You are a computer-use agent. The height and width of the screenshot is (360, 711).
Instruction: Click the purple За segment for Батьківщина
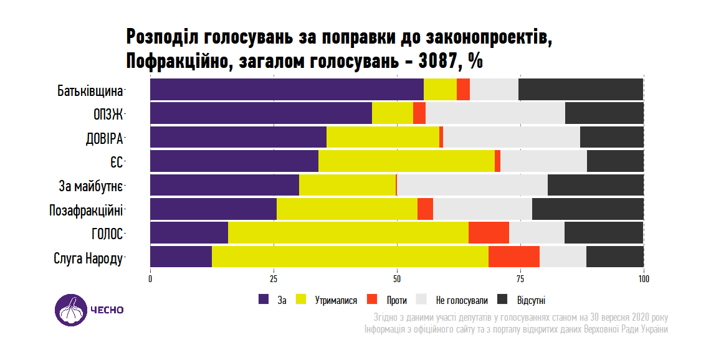point(287,90)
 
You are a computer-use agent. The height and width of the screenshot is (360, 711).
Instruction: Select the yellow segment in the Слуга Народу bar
point(350,257)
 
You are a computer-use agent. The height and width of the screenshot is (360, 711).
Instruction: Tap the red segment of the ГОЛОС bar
point(489,233)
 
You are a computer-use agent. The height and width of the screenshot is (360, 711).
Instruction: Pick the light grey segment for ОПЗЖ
point(495,113)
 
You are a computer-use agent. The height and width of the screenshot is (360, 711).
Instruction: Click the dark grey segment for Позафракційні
point(588,209)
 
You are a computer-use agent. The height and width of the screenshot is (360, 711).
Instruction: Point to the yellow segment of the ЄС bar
point(406,161)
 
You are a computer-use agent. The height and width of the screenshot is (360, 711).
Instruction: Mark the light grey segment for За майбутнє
point(472,186)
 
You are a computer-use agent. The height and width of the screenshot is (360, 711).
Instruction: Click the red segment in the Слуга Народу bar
point(514,257)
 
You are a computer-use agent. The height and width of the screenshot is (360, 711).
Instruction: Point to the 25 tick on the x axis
point(274,278)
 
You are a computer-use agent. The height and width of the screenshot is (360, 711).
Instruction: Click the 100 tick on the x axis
point(644,278)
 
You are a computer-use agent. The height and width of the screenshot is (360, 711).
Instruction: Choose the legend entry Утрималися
point(336,300)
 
